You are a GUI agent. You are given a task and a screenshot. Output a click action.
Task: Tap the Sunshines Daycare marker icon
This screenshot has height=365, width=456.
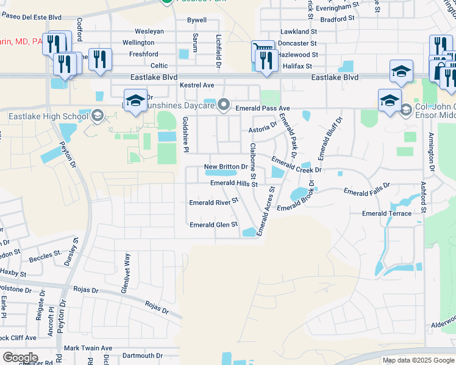[x=224, y=106]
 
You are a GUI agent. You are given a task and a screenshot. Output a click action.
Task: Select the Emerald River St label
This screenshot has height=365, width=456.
[x=213, y=202]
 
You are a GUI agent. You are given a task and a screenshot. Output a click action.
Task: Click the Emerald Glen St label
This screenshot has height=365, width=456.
[x=213, y=224]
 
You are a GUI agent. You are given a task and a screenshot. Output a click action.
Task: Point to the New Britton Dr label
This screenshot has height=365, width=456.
[x=226, y=166]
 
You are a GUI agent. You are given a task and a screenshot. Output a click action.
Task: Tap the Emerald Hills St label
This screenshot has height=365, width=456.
[x=234, y=183]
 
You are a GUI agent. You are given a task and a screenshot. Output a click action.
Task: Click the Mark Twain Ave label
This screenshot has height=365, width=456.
[x=88, y=348]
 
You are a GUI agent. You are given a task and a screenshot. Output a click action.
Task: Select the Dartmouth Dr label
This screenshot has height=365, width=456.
[x=141, y=355]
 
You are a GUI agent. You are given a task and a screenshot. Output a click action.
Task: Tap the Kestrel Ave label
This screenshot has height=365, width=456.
[x=197, y=85]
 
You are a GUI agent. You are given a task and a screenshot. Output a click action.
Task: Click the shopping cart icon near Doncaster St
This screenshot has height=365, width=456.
[x=262, y=49]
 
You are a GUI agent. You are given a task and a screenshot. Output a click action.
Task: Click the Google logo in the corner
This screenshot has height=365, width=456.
[x=20, y=357]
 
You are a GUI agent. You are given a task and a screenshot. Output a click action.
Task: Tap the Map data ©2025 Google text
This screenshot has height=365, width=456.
[x=418, y=360]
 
